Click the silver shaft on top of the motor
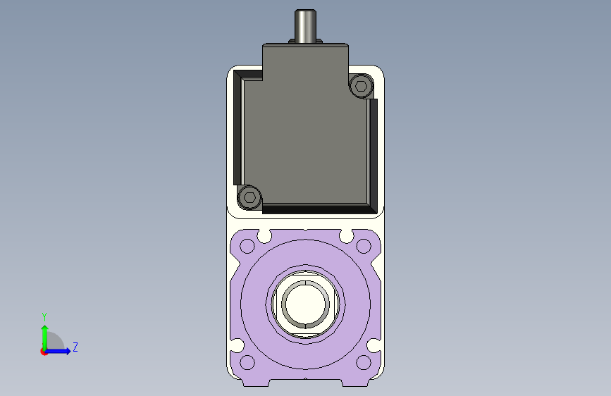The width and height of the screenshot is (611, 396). pos(305,26)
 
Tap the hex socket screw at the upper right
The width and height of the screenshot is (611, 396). pos(361,85)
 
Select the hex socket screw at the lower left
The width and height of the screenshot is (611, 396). pos(249,197)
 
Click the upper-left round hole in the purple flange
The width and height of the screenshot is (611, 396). pos(247,246)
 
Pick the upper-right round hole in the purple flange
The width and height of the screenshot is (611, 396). pos(364,246)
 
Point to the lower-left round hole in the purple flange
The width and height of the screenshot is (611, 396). pos(247,362)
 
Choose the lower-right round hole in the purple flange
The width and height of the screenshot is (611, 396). pos(364,362)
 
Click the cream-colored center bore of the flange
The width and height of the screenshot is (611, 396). pos(306,304)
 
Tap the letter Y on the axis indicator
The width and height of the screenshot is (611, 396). pos(44,316)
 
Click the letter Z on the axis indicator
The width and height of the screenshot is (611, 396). pos(75,347)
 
